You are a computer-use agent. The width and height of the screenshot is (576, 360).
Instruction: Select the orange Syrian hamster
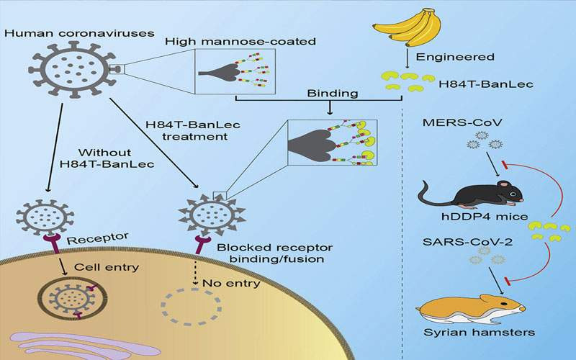pos(470,310)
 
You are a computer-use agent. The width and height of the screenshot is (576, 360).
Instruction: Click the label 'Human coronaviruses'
pos(79,33)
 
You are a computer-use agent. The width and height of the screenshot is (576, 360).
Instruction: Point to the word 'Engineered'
pos(455,57)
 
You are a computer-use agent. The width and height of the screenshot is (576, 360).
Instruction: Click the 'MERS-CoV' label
pos(462,122)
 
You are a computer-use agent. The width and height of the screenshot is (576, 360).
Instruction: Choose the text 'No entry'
pos(231,283)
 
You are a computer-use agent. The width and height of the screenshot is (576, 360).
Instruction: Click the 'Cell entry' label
pos(107,266)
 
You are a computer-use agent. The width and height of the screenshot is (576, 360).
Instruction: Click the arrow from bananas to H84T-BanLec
pos(408,58)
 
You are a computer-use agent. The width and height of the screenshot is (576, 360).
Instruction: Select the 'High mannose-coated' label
pos(240,41)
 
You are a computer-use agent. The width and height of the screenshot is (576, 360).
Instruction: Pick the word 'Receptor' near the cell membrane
pos(98,239)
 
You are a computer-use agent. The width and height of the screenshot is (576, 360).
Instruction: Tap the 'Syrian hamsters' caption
pos(479,333)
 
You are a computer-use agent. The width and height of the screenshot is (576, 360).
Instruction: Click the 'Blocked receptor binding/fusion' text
pos(275,253)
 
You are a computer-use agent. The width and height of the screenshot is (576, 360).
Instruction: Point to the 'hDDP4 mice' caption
pos(485,217)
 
